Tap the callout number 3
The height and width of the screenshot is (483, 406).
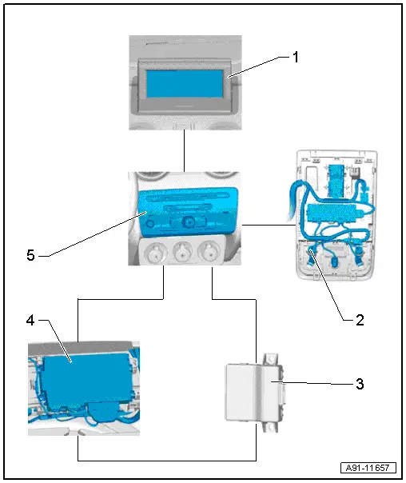point(359,384)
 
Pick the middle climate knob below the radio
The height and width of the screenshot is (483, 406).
point(180,255)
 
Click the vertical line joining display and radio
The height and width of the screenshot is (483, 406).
point(184,150)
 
